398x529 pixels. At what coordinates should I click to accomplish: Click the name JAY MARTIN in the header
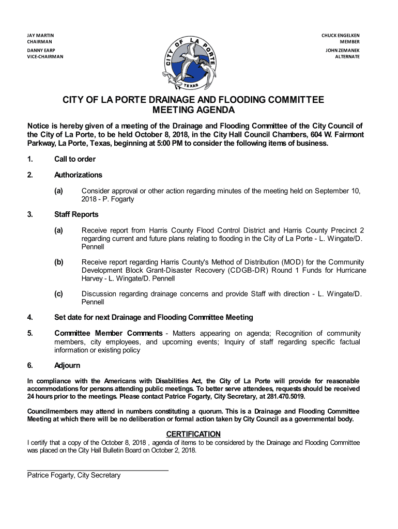(x=41, y=35)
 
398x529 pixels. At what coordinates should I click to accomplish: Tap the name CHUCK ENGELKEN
(x=341, y=35)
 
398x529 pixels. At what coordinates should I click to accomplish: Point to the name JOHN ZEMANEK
(x=343, y=51)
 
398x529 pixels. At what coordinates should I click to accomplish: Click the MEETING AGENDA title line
(x=193, y=111)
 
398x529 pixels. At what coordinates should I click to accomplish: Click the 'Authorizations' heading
(x=78, y=175)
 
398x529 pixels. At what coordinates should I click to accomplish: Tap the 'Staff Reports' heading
(x=76, y=214)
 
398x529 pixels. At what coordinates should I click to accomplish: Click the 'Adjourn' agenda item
(x=67, y=366)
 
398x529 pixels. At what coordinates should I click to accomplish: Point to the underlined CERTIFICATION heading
(x=193, y=434)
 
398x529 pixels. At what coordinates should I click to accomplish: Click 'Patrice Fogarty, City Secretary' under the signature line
(x=74, y=475)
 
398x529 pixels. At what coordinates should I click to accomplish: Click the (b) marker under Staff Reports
(x=58, y=262)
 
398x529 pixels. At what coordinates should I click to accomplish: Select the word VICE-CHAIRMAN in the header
(x=45, y=57)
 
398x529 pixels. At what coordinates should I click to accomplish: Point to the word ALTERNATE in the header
(x=347, y=57)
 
